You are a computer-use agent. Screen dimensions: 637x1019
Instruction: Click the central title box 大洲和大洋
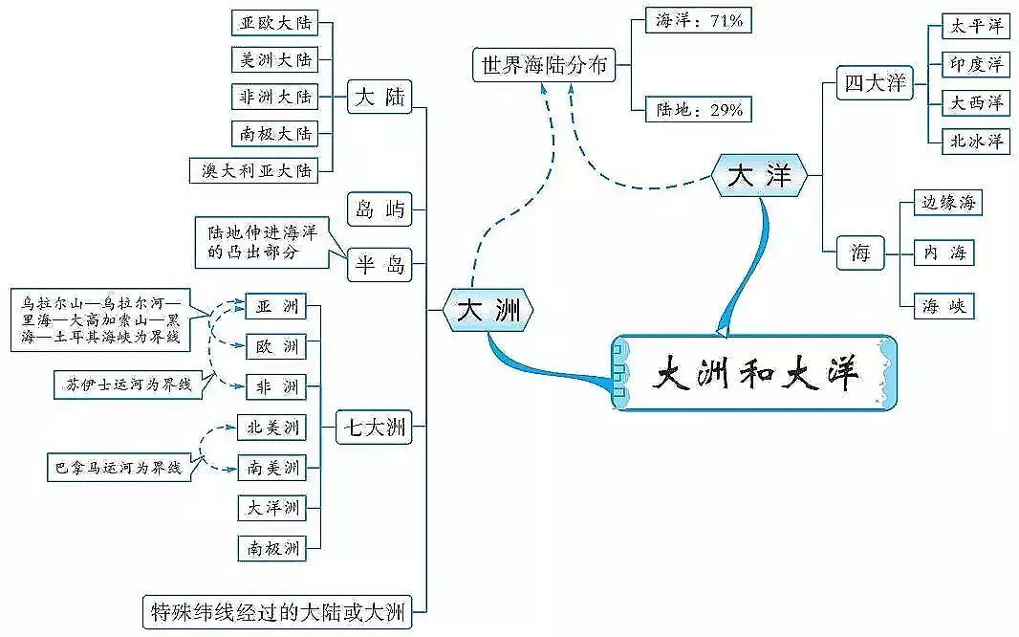coord(755,372)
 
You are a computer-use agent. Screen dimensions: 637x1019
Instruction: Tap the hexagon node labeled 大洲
coord(488,310)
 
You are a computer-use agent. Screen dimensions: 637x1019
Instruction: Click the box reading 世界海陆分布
coord(544,66)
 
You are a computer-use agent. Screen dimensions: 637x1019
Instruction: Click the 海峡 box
coord(943,306)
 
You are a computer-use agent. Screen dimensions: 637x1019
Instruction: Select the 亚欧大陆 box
coord(274,23)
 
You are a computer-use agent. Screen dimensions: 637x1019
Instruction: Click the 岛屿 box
coord(379,208)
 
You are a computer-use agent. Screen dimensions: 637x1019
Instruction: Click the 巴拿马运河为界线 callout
coord(119,468)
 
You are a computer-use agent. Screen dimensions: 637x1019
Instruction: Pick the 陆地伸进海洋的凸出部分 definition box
coord(262,241)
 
